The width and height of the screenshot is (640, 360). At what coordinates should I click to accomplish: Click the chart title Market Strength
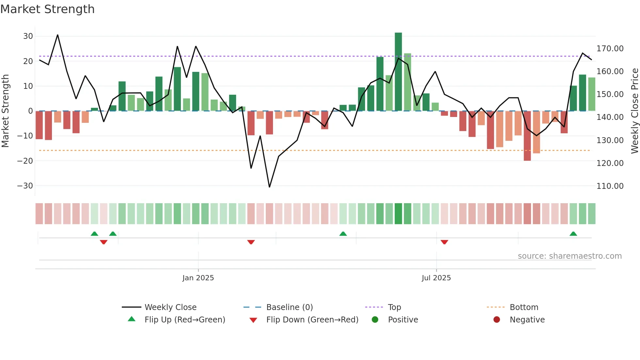coord(48,9)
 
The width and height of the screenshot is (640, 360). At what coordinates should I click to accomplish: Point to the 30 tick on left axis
coord(28,36)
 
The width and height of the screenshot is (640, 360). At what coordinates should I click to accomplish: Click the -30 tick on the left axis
coord(25,186)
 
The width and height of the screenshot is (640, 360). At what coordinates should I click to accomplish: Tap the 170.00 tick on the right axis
coord(610,49)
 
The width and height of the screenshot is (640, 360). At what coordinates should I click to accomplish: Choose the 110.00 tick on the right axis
coord(610,186)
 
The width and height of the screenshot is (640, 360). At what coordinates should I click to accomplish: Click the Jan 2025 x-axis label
coord(198,278)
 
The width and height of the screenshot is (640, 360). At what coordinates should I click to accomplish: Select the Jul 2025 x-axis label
coord(436,278)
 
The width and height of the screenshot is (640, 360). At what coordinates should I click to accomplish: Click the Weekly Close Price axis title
coord(634,111)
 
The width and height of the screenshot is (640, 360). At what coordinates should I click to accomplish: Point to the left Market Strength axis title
coord(6,111)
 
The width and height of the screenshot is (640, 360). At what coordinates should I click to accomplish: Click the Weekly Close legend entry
coord(170,307)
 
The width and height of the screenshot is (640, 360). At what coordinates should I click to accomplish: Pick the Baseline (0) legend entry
coord(289,307)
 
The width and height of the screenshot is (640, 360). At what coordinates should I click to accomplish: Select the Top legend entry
coord(394,307)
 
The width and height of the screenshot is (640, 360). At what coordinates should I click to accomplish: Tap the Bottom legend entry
coord(524,307)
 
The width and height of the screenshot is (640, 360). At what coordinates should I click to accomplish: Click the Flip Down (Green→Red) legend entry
coord(312,320)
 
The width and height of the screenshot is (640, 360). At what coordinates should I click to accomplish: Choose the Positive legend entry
coord(403,320)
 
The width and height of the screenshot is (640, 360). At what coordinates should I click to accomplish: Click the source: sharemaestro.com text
coord(569,256)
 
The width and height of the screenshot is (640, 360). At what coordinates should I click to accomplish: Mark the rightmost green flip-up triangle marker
coord(573,234)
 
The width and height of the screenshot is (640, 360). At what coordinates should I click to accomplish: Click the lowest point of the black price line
coord(269,187)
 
